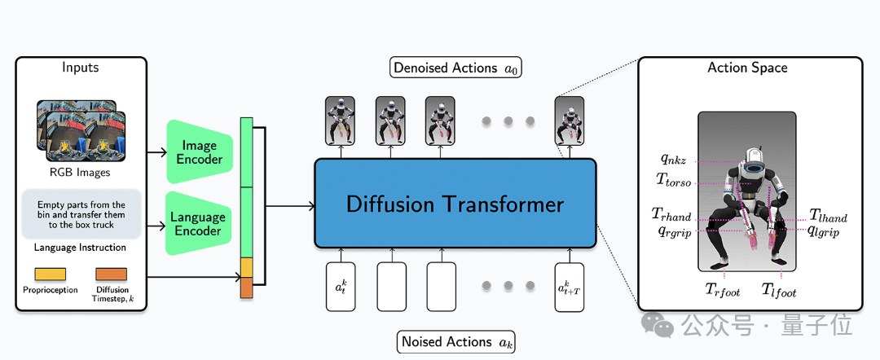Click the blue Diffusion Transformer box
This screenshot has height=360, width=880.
(x=455, y=203)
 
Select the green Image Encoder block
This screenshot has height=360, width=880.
(x=200, y=151)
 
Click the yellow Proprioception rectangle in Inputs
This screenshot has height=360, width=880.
(x=51, y=274)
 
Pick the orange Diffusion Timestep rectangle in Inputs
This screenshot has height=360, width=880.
(x=111, y=274)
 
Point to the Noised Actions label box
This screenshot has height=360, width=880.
(x=455, y=342)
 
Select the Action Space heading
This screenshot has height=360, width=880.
(x=747, y=68)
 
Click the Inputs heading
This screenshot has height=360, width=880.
(x=81, y=68)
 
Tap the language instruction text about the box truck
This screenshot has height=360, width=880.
(x=81, y=215)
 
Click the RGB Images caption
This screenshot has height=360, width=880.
(x=81, y=172)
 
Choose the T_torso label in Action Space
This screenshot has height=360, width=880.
(x=673, y=181)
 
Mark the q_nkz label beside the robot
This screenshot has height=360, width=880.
(x=673, y=160)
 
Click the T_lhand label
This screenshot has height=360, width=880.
(x=829, y=216)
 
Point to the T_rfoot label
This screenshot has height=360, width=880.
(x=723, y=290)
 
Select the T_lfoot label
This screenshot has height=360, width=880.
(x=779, y=290)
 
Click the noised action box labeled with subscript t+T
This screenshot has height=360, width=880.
(x=569, y=287)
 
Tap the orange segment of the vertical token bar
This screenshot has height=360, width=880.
(x=247, y=288)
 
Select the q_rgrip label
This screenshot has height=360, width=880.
(x=671, y=231)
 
